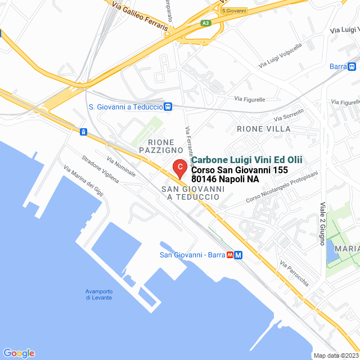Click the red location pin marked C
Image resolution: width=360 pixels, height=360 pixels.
coord(179,168)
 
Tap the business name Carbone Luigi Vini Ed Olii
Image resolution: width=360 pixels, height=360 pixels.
coord(246,160)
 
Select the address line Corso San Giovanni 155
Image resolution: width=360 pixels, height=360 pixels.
coord(240,170)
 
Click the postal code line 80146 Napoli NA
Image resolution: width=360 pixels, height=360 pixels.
coord(225,179)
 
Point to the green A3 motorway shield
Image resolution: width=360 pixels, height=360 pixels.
coord(206,23)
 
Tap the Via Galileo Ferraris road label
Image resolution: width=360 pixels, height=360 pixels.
coord(140,16)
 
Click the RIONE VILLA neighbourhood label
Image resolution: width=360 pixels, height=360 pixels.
coord(264,129)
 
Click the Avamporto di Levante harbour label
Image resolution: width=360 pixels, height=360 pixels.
coord(99,294)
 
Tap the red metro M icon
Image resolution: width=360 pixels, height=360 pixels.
coord(231,255)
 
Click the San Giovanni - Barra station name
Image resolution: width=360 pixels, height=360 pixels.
coord(192,255)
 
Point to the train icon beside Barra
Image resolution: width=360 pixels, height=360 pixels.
coord(352,66)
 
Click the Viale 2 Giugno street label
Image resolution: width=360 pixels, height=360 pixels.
coord(323,224)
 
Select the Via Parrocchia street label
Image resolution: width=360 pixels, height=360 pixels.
coord(294,273)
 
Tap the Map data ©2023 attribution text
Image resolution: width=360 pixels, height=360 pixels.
coord(335,355)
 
